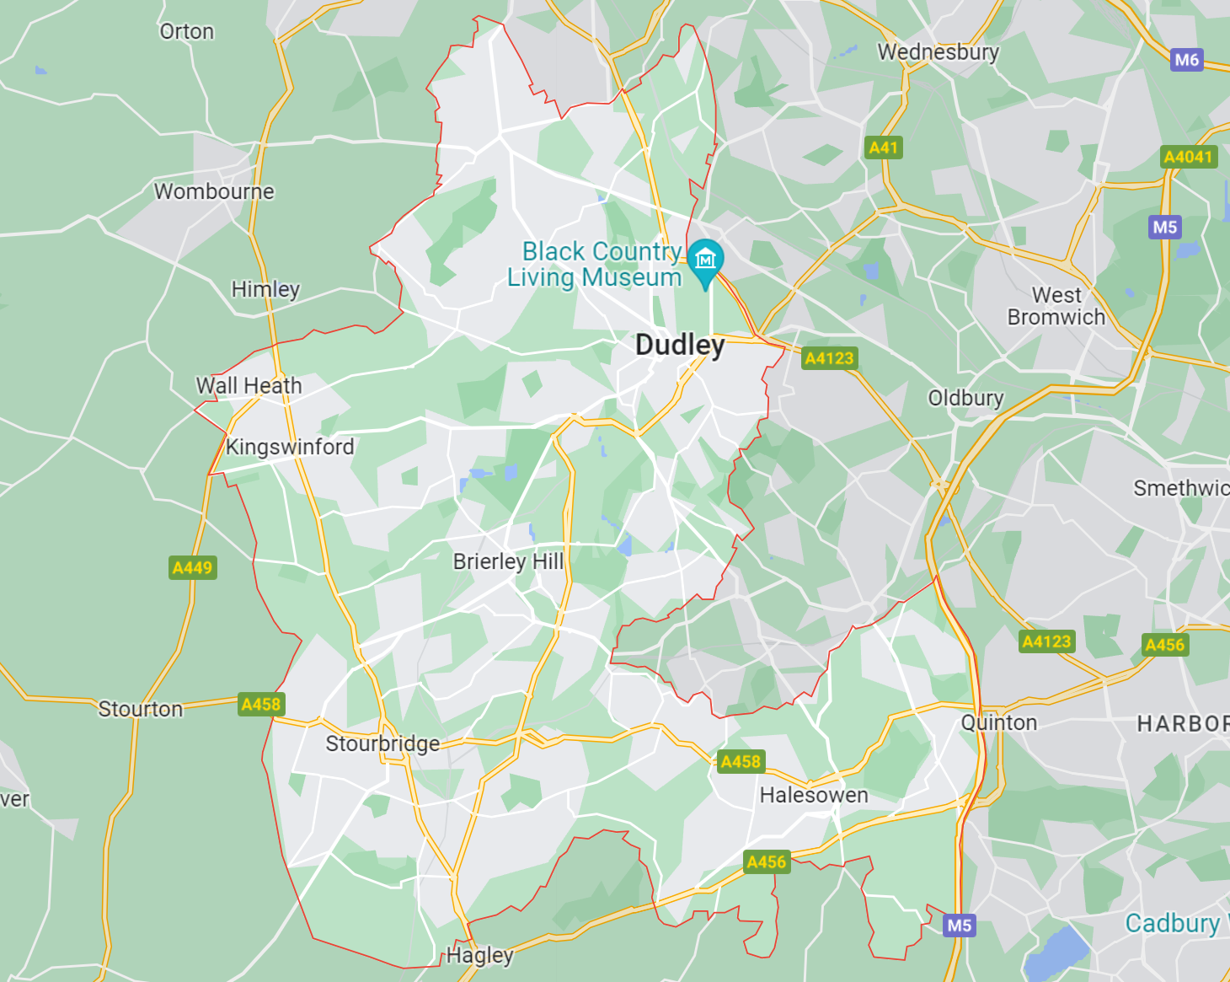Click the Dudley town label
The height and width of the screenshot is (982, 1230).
click(x=680, y=346)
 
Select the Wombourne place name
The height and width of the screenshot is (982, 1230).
click(x=214, y=192)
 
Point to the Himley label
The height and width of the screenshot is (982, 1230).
click(x=265, y=289)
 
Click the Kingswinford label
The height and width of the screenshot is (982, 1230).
click(x=290, y=447)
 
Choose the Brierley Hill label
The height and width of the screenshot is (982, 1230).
click(x=508, y=561)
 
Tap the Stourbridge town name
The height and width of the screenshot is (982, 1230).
click(x=382, y=743)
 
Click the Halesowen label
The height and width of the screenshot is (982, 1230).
click(x=814, y=795)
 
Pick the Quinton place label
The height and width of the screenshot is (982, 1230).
click(x=999, y=722)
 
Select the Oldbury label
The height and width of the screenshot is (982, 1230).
click(x=965, y=398)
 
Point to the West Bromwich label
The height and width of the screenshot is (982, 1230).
click(x=1056, y=306)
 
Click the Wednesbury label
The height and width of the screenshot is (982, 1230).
click(x=939, y=52)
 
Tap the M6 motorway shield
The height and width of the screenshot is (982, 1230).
click(x=1186, y=60)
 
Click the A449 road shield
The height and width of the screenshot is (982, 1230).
click(x=193, y=567)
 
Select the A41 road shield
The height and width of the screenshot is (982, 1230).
click(x=884, y=148)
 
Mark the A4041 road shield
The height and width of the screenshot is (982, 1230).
click(x=1188, y=157)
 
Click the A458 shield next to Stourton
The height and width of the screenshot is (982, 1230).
click(x=261, y=705)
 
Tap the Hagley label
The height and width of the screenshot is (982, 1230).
click(x=479, y=955)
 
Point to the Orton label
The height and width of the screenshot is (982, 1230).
click(x=187, y=32)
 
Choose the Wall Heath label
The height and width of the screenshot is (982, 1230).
click(x=249, y=386)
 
